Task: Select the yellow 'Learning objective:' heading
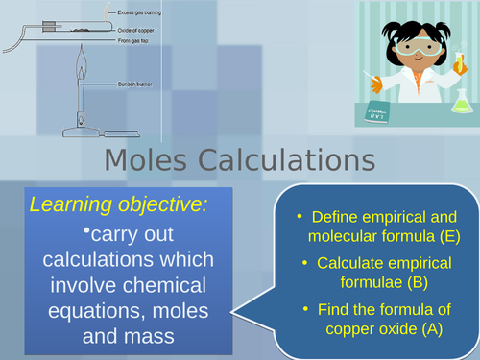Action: pyautogui.click(x=118, y=204)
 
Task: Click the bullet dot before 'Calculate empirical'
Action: pyautogui.click(x=306, y=262)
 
